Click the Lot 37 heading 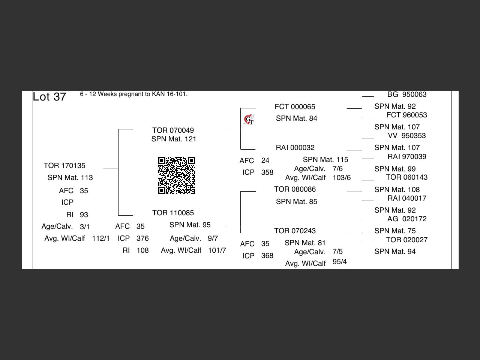tap(49, 97)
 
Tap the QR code tap(176, 175)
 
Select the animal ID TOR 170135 tap(64, 165)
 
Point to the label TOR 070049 tap(173, 130)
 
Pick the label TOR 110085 tap(173, 213)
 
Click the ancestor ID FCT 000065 tap(295, 107)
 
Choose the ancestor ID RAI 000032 tap(295, 148)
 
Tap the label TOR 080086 tap(295, 189)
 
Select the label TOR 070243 tap(295, 231)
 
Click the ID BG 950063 tap(407, 94)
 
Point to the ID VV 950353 tap(407, 136)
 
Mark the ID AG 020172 tap(407, 219)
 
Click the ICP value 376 tap(142, 238)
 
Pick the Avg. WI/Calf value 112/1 tap(101, 238)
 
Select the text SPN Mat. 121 tap(174, 139)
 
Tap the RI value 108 tap(142, 250)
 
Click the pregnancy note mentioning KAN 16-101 tap(133, 94)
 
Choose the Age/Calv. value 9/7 tap(213, 238)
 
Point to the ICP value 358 tap(267, 172)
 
